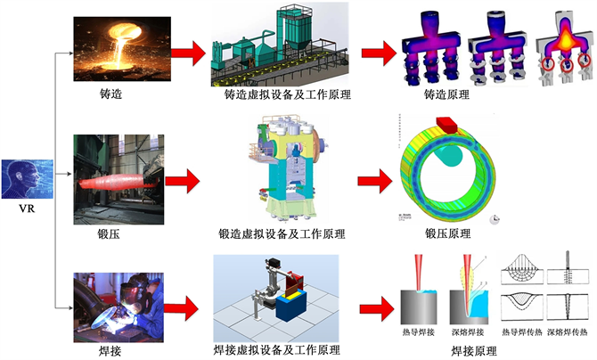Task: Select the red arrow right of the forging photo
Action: click(180, 183)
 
